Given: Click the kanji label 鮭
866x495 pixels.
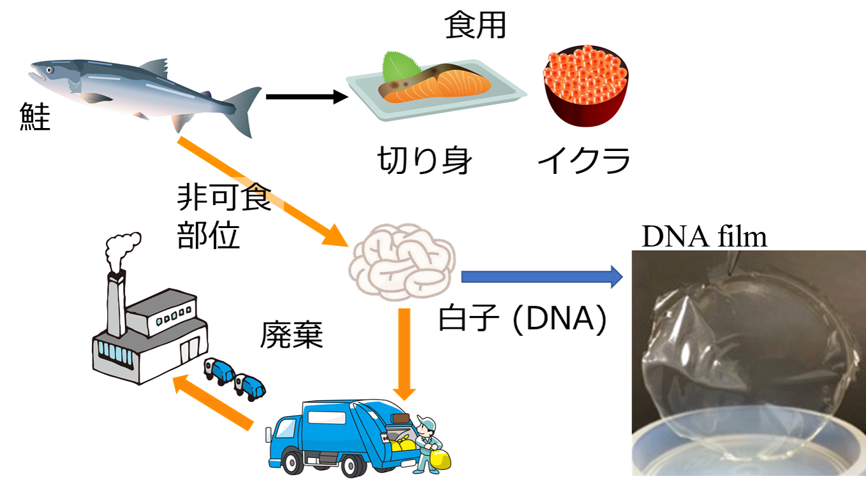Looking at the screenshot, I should point(37,117).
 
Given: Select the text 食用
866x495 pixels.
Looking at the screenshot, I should point(475,25).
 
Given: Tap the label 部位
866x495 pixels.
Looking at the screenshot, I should point(208,234).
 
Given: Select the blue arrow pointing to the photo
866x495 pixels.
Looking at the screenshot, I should point(541,276).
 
